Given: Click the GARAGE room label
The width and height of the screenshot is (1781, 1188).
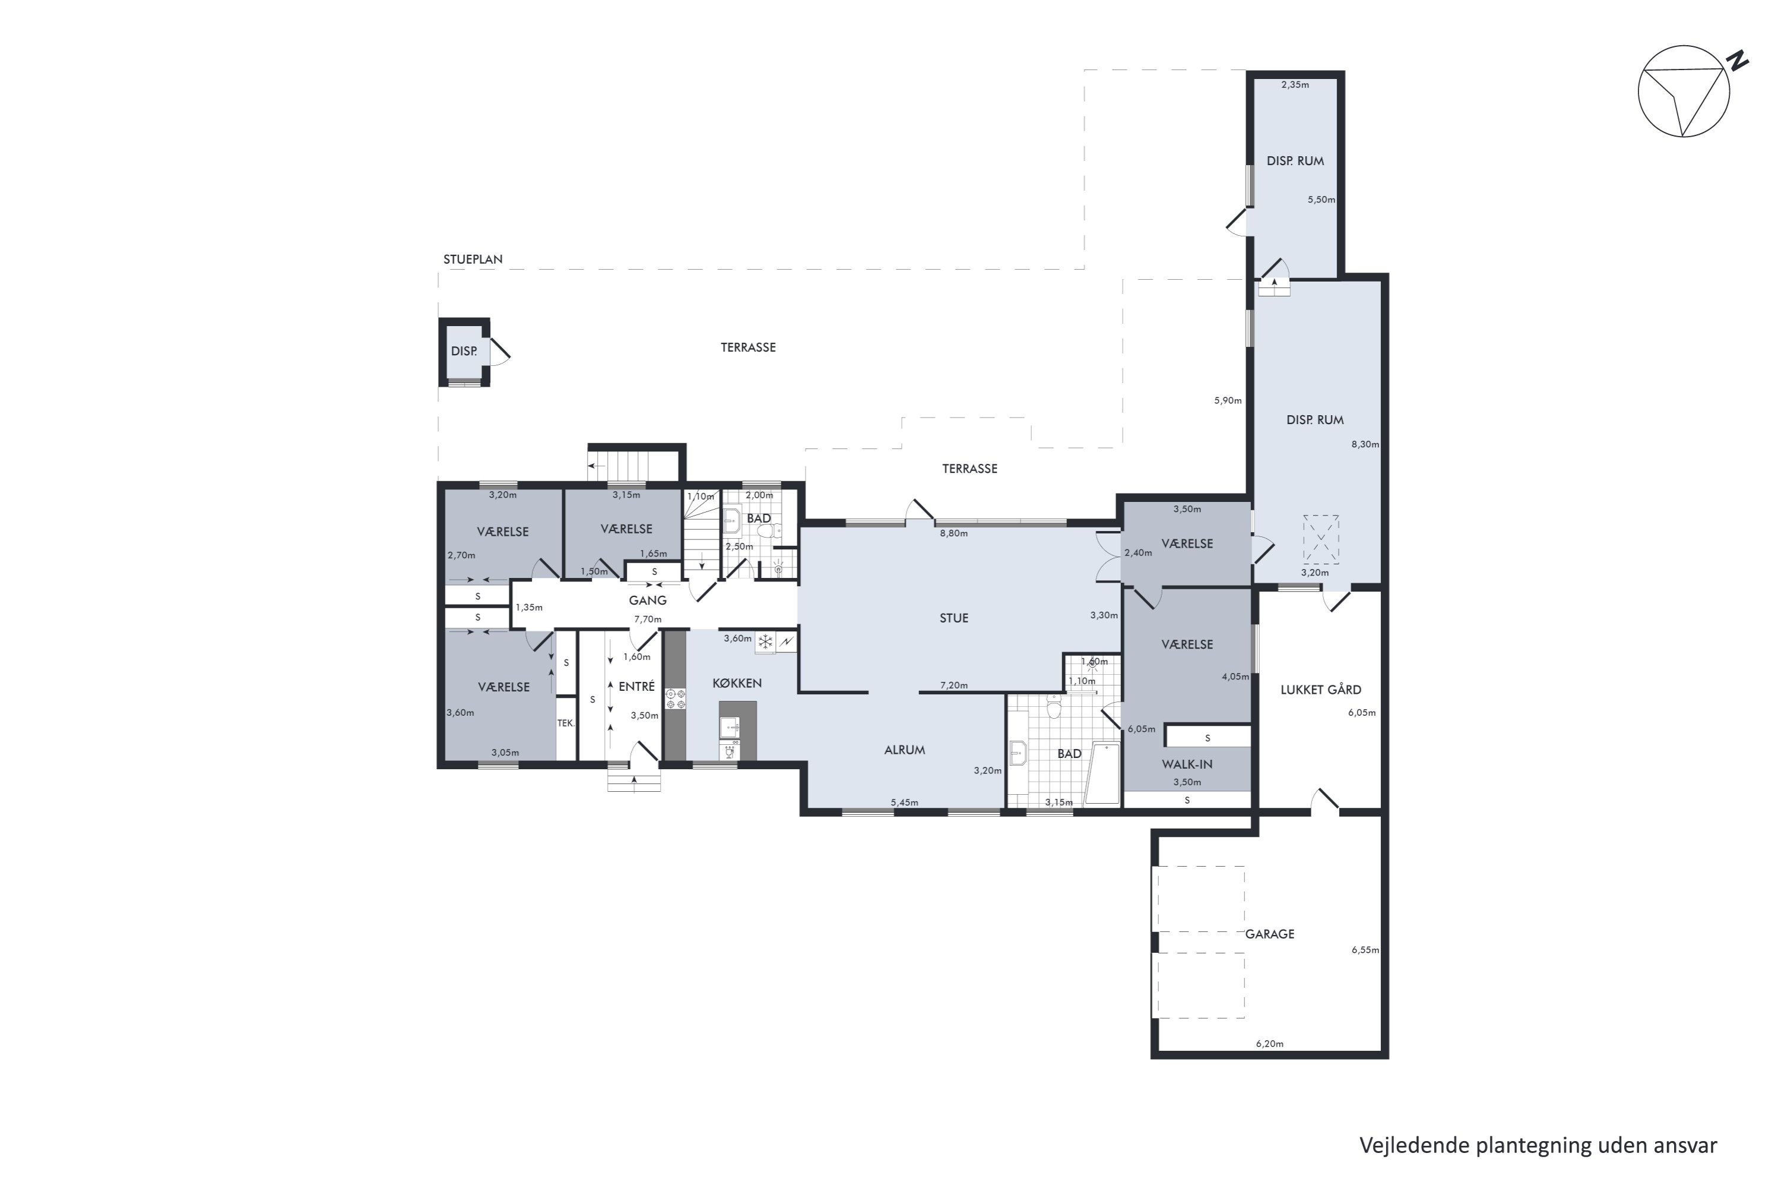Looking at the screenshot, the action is click(x=1270, y=934).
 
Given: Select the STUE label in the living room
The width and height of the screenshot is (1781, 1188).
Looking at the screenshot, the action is click(x=954, y=618).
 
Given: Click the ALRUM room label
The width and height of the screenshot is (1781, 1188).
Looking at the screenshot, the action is click(x=905, y=750).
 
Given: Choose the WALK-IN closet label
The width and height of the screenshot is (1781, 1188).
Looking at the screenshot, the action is click(x=1187, y=764).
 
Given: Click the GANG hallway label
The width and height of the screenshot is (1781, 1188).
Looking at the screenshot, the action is click(x=648, y=600).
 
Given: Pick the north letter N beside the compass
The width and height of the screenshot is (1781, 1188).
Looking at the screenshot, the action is click(x=1739, y=61).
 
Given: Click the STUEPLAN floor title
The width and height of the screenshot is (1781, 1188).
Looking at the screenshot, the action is click(x=473, y=259).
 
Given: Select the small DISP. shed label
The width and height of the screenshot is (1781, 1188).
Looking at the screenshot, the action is click(x=464, y=352).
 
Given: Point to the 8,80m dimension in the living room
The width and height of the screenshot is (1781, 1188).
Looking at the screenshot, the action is click(x=954, y=533).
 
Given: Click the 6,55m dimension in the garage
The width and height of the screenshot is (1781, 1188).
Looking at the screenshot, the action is click(x=1365, y=950).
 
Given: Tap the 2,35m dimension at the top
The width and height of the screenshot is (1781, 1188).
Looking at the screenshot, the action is click(x=1295, y=85).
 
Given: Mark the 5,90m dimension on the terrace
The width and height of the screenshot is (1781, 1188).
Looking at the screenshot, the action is click(x=1228, y=401).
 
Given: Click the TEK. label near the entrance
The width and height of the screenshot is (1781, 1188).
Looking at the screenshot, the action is click(x=566, y=723).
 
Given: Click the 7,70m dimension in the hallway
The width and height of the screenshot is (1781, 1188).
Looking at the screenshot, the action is click(x=648, y=620).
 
